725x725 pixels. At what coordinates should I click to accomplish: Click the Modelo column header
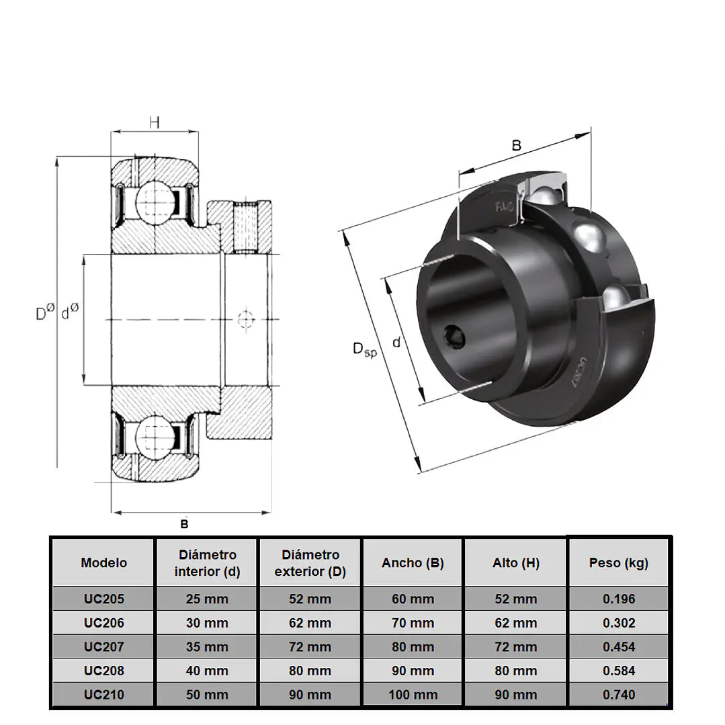coord(103,562)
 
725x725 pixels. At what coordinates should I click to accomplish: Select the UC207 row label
coord(104,646)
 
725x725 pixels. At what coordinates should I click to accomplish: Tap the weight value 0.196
coord(619,599)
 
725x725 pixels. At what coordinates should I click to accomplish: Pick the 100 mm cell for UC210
coord(413,695)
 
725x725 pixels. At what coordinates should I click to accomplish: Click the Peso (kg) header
coord(619,562)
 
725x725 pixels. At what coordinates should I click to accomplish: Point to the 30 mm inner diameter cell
coord(207,623)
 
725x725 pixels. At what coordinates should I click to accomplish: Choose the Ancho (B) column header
coord(413,562)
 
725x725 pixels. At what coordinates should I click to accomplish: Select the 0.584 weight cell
coord(619,671)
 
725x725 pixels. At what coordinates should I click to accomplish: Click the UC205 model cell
coord(104,599)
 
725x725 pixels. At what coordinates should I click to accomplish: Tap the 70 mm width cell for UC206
coord(413,623)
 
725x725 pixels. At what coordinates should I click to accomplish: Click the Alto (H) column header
coord(516,562)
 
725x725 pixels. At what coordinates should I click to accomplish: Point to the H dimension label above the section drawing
coord(155,122)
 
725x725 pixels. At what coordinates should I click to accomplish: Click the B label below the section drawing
coord(185,524)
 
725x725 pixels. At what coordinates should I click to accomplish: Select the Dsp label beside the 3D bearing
coord(365,349)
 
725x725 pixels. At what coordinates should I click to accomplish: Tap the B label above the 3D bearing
coord(517,146)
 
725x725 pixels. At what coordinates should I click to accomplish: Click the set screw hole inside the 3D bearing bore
coord(454,335)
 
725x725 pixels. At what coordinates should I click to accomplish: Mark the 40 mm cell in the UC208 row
coord(207,671)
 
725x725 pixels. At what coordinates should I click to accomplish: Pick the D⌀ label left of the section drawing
coord(45,312)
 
